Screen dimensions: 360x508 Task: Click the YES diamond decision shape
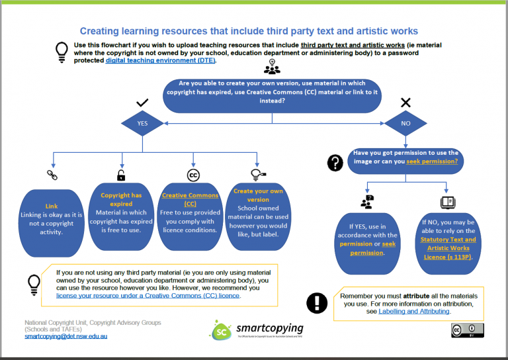142,123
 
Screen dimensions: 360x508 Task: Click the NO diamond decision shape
405,123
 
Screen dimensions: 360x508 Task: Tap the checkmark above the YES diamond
142,103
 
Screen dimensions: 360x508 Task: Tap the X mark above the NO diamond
406,103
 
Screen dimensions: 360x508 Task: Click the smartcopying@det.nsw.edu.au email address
65,336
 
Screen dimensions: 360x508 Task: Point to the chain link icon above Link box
52,175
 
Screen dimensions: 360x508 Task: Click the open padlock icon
121,175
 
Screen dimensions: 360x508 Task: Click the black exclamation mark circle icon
317,302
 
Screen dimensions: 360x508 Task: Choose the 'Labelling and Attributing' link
414,311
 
